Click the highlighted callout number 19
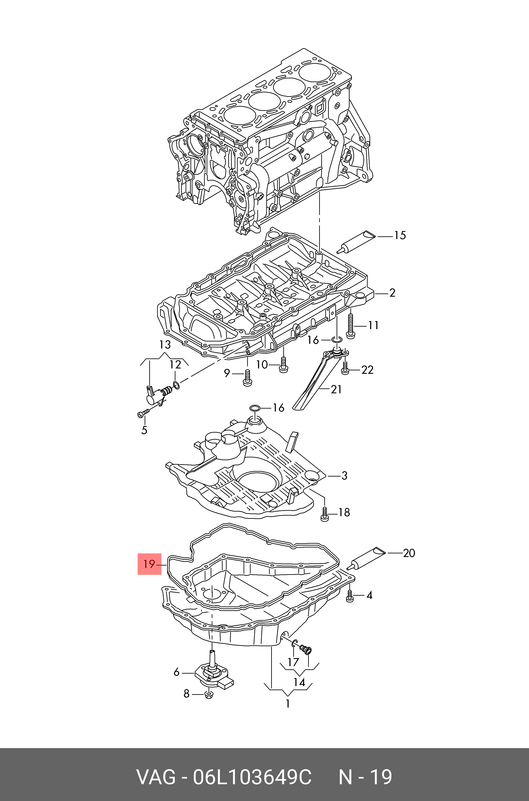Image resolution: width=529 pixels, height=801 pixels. (149, 564)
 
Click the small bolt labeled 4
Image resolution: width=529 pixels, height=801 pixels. (350, 596)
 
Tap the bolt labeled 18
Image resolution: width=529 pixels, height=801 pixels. (324, 514)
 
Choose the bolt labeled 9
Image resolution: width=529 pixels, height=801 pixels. (247, 378)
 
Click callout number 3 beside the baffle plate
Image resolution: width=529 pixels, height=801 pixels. (344, 475)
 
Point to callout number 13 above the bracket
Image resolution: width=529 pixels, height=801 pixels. (165, 345)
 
